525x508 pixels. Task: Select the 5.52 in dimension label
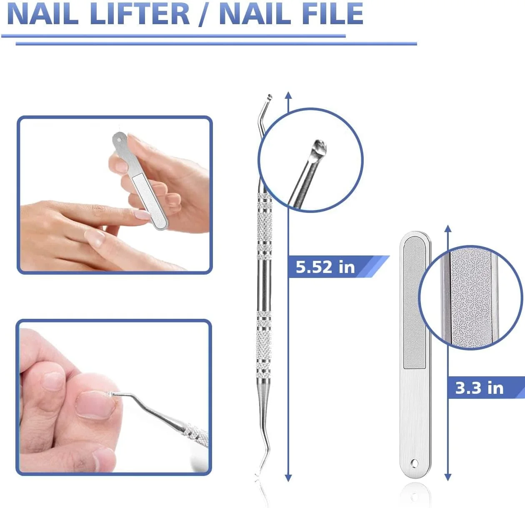click(325, 267)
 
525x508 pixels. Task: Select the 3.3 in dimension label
click(479, 388)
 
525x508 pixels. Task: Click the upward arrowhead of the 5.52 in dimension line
click(288, 95)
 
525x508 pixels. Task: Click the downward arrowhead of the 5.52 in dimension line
click(288, 478)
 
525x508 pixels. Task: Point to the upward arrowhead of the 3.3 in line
click(448, 228)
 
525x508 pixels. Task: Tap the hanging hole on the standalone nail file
click(415, 463)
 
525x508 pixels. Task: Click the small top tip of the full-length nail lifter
click(269, 97)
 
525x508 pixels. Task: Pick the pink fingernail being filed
click(142, 215)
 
